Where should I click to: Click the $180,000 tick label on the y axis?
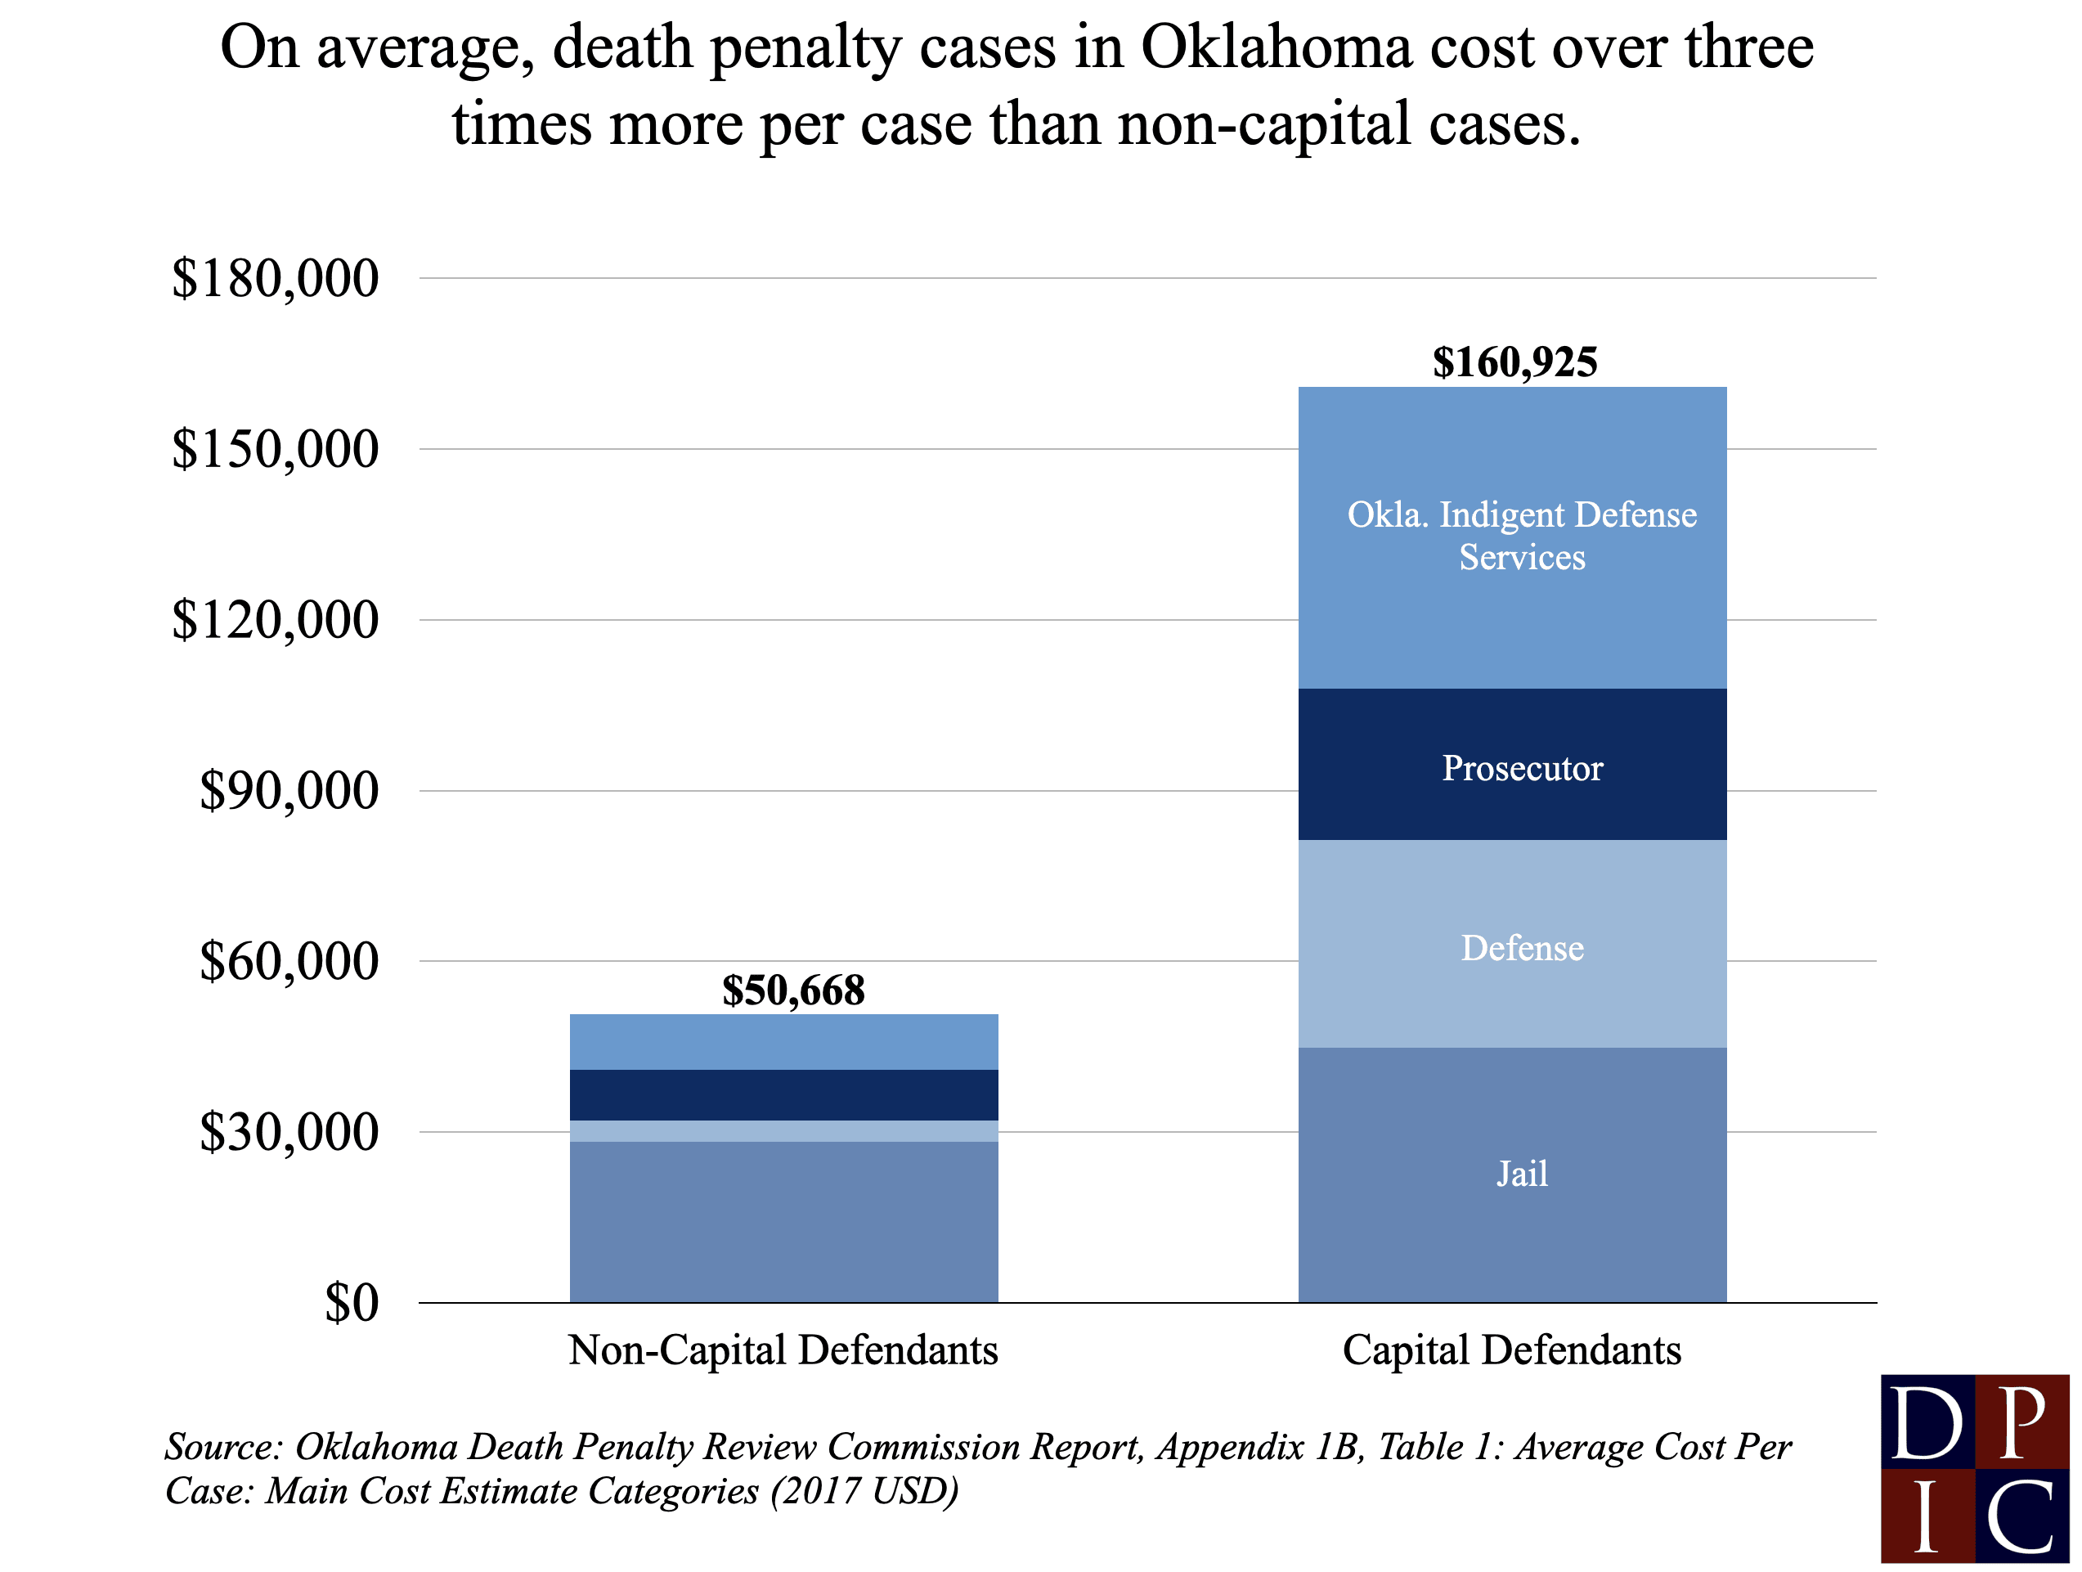pos(274,279)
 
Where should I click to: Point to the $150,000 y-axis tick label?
pos(274,449)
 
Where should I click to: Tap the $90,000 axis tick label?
pos(288,791)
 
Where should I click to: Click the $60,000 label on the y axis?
pos(288,962)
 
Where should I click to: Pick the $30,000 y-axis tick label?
pos(288,1133)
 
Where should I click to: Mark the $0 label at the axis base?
pos(351,1304)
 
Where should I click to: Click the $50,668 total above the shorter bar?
pos(792,990)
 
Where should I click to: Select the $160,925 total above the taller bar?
pos(1514,362)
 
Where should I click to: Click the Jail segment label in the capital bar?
pos(1522,1174)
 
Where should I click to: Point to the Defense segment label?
pos(1522,948)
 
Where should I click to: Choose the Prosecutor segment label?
pos(1522,768)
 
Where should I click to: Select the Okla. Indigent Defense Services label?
pos(1522,536)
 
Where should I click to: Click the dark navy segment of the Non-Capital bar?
pos(783,1094)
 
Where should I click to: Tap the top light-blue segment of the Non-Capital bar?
pos(783,1041)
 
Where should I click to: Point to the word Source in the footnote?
pos(221,1447)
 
